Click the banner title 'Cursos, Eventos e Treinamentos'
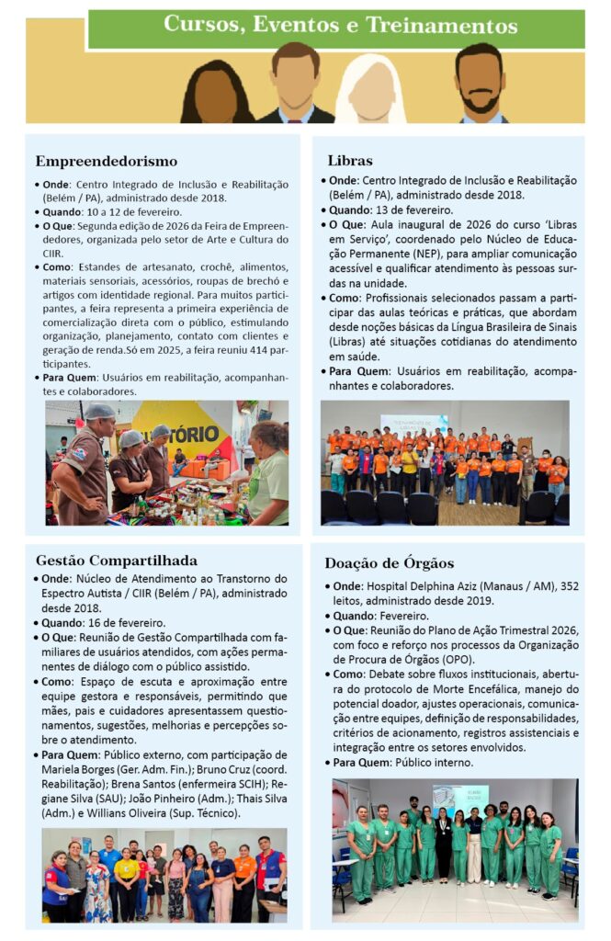point(340,26)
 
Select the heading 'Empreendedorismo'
point(106,162)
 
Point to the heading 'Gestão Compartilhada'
point(117,560)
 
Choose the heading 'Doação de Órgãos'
point(388,562)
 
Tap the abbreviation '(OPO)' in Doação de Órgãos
point(489,658)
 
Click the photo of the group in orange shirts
point(445,462)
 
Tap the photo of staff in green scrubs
point(455,849)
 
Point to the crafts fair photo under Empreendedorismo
point(167,462)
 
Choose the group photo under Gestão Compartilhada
point(164,875)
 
